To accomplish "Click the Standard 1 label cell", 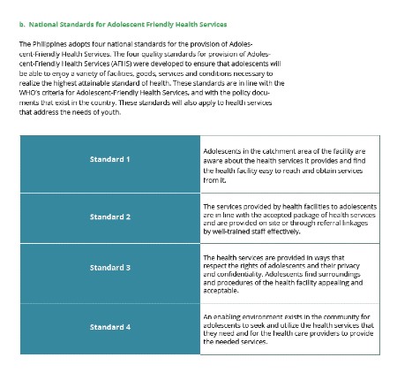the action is click(x=109, y=159).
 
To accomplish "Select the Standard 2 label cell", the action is click(x=109, y=217).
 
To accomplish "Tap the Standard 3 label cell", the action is click(x=109, y=267).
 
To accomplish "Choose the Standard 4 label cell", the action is click(x=109, y=327).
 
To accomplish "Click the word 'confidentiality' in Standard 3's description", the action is click(x=238, y=274).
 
